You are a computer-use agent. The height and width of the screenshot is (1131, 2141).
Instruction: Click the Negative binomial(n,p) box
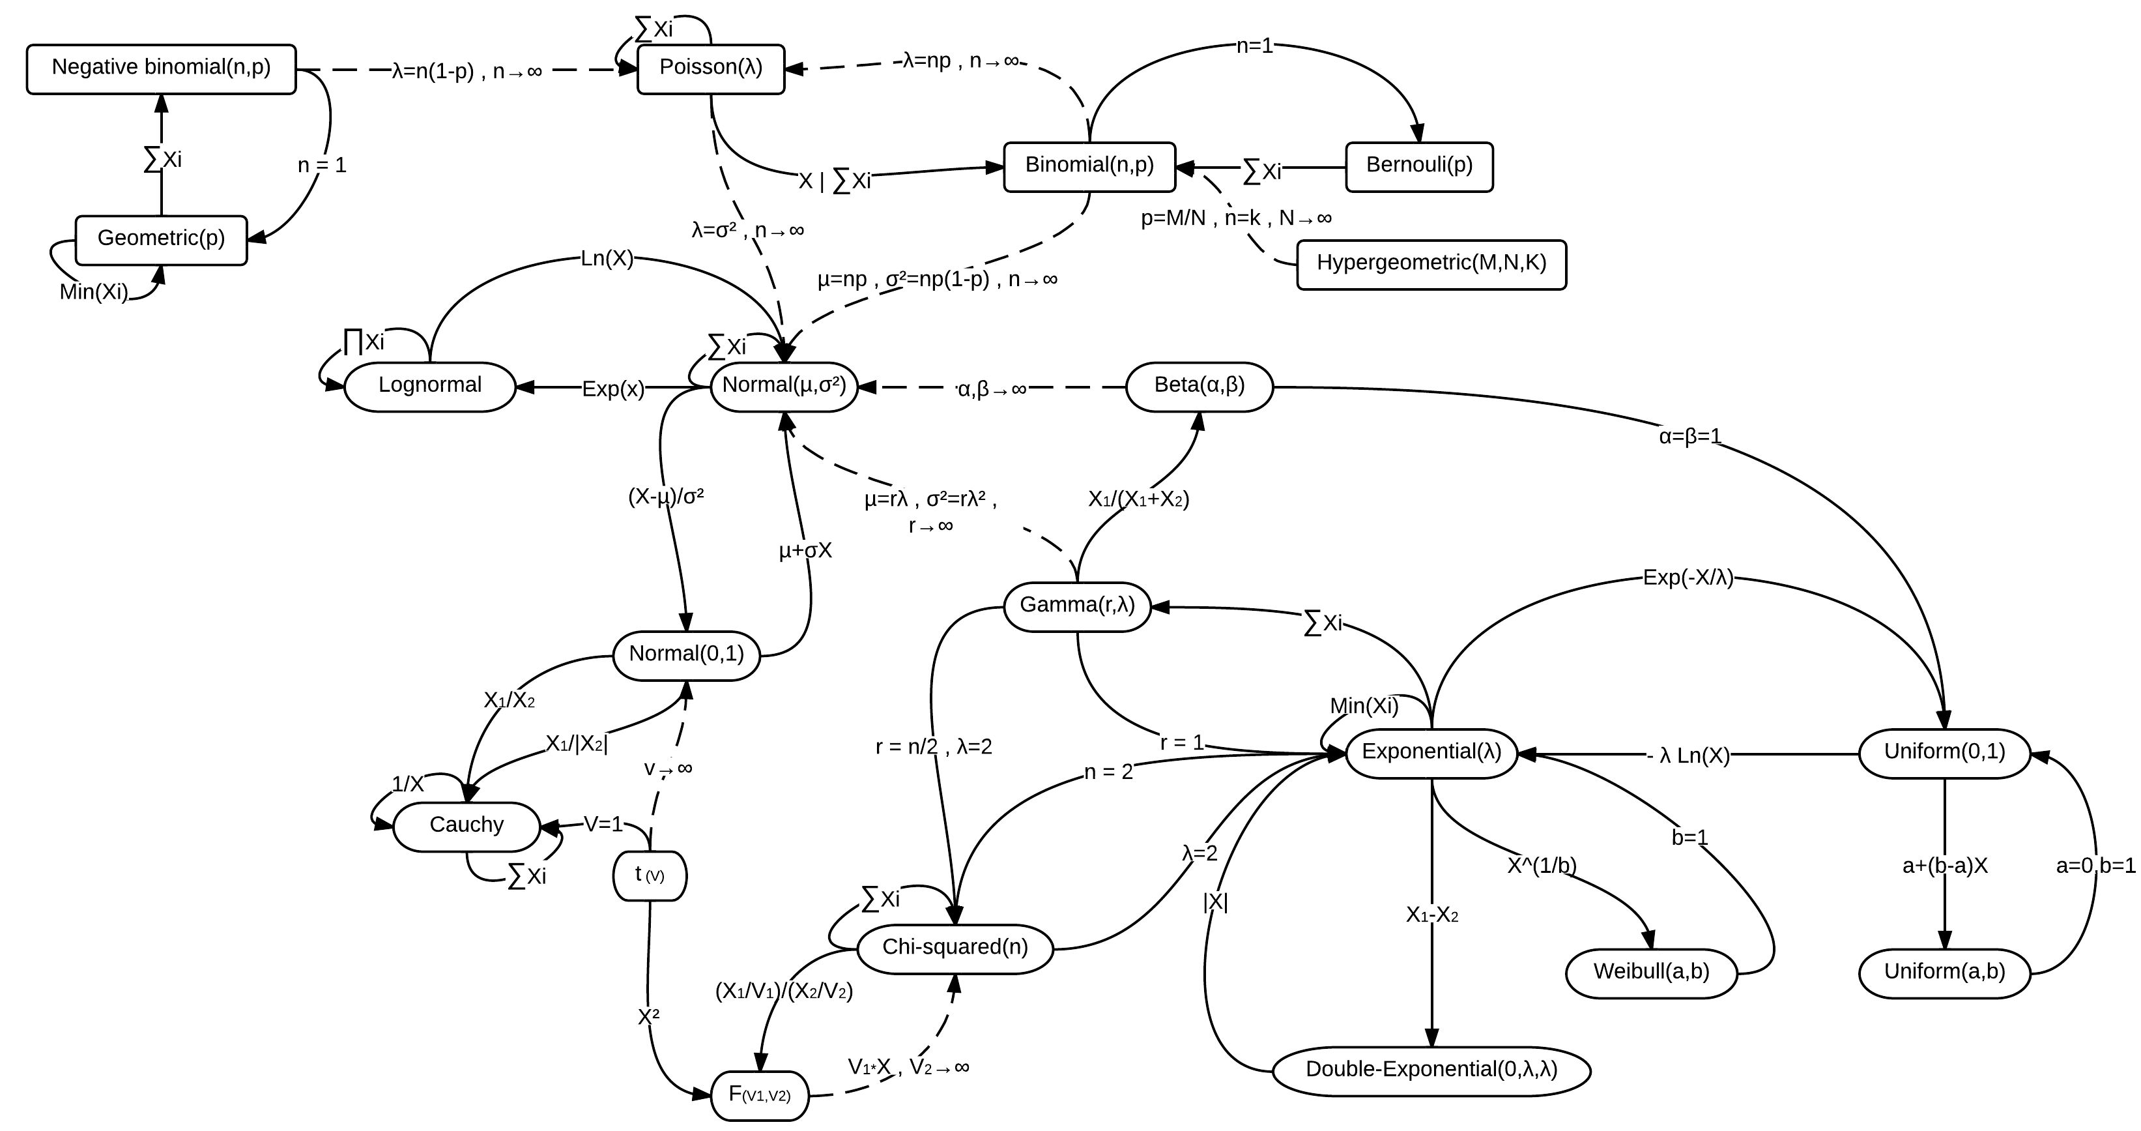point(161,68)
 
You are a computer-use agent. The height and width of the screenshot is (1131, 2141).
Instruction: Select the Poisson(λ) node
point(711,68)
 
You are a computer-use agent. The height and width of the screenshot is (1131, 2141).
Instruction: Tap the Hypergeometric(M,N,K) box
point(1431,265)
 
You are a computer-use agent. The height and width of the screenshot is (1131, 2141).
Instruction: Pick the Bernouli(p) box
point(1418,166)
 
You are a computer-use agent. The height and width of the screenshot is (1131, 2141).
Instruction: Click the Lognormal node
point(429,386)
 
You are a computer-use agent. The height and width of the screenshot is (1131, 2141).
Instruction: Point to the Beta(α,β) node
point(1200,386)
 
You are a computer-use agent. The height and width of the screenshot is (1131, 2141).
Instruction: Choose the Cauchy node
point(467,826)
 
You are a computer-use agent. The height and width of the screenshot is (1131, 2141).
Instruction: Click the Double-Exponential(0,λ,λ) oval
point(1431,1070)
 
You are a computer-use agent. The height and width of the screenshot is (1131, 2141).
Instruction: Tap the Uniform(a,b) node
point(1944,972)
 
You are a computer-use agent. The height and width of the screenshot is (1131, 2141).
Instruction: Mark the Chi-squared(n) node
point(955,948)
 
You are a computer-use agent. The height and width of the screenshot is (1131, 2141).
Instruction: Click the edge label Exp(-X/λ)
point(1688,578)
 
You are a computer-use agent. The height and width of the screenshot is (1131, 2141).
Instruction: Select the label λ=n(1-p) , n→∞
point(467,72)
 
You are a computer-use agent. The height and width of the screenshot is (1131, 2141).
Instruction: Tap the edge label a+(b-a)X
point(1945,866)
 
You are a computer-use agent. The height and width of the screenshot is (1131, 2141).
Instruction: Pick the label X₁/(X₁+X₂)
point(1139,500)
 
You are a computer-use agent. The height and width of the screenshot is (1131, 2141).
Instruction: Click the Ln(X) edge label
point(607,259)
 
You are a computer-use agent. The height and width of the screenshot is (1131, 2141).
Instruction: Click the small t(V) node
point(649,875)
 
